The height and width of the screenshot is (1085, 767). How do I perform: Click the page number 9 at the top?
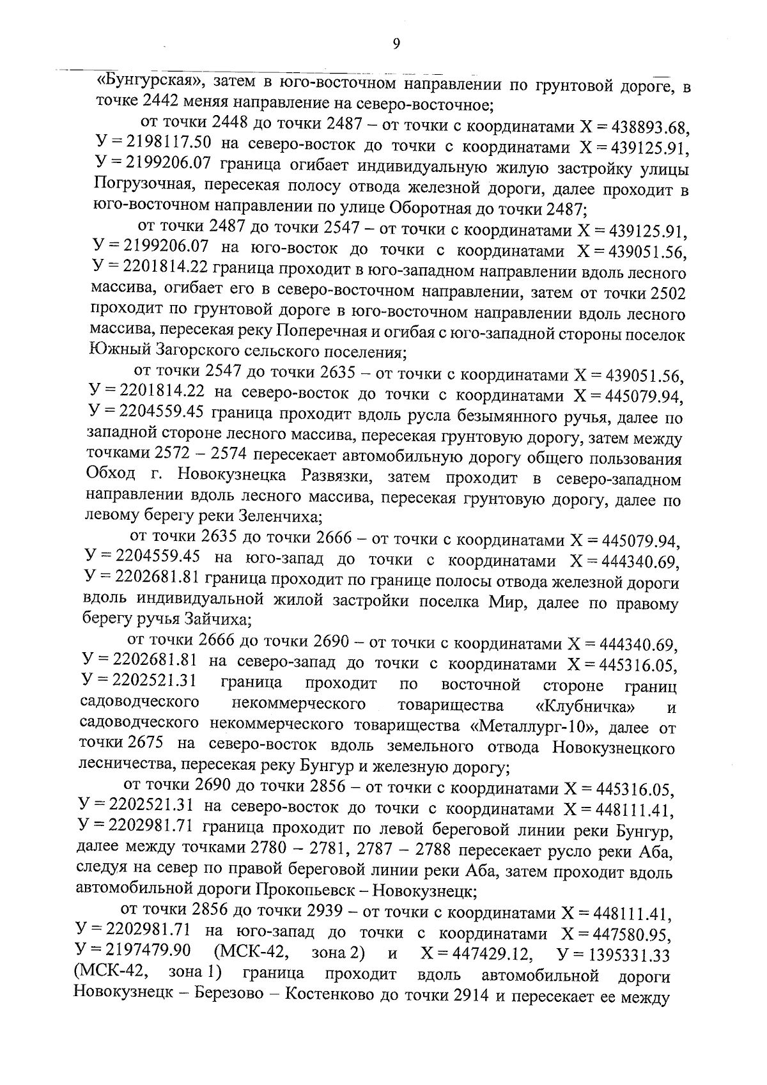[396, 43]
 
